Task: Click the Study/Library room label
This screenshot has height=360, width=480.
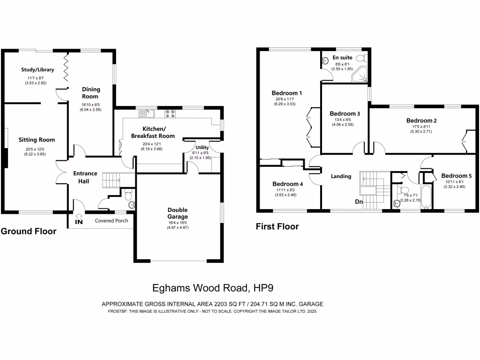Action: tap(37, 70)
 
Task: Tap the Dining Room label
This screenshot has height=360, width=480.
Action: tap(90, 92)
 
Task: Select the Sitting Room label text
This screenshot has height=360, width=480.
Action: tap(37, 140)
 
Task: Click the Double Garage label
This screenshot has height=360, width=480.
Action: tap(178, 213)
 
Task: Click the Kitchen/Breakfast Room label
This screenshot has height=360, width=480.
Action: tap(153, 132)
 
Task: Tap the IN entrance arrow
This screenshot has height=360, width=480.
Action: tap(79, 219)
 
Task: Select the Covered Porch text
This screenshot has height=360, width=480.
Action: tap(112, 220)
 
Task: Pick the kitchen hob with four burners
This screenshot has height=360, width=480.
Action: tap(170, 112)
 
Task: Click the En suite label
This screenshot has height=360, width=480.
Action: tap(342, 58)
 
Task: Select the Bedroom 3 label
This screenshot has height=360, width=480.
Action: tap(345, 113)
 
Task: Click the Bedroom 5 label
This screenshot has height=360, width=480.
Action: tap(456, 176)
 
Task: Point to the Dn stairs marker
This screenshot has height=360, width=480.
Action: tap(359, 202)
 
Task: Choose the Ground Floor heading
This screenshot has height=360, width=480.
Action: tap(28, 231)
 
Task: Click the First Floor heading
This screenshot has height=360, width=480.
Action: tap(277, 227)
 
